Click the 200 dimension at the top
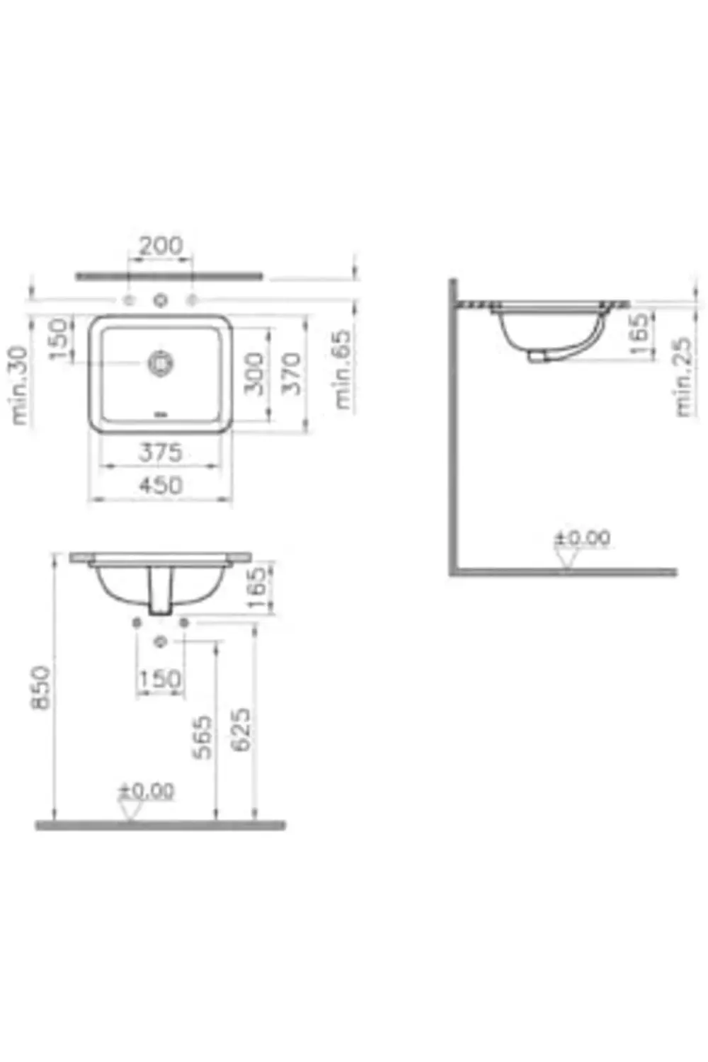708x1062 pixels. [x=160, y=246]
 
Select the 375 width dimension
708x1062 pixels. [x=160, y=452]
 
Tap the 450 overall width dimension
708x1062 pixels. [x=160, y=485]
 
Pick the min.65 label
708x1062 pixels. [x=343, y=369]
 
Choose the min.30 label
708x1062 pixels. [x=19, y=385]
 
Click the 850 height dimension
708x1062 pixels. [x=40, y=687]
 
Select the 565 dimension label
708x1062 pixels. [x=203, y=737]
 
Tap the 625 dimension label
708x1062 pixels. [x=241, y=729]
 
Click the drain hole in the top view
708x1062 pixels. [x=161, y=362]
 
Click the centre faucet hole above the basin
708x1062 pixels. [x=160, y=301]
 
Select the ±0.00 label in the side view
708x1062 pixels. [x=582, y=538]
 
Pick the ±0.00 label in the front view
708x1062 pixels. [x=146, y=790]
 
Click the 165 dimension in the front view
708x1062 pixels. [x=258, y=587]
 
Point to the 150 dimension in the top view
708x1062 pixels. [x=59, y=338]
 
